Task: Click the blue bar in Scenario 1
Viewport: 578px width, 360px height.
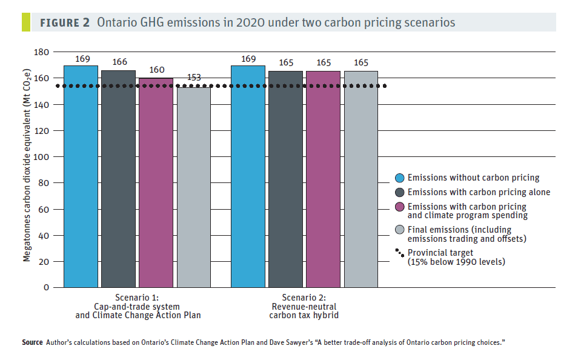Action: (81, 177)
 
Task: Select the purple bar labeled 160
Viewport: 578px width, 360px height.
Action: (156, 182)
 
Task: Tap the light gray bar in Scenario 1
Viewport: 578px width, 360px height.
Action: (194, 187)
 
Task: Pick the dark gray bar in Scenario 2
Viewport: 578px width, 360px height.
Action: (286, 179)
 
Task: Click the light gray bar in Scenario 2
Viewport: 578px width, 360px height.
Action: (361, 179)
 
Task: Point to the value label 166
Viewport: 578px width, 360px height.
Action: (119, 62)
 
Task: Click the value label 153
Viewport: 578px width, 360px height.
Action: (194, 78)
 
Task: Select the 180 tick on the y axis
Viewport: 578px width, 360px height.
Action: (41, 52)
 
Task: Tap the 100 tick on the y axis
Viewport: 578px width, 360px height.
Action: (41, 157)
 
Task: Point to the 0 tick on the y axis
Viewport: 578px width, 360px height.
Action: (46, 287)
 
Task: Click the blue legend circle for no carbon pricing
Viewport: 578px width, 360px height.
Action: (400, 178)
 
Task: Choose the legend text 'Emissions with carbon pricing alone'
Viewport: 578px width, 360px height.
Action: (479, 192)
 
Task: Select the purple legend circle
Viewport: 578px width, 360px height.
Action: (400, 207)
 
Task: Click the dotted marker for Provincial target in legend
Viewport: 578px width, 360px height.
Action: (400, 253)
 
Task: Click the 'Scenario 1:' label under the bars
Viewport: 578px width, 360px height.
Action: (137, 298)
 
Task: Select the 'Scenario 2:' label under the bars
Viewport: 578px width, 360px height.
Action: (304, 298)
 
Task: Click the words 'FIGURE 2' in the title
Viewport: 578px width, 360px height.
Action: (65, 23)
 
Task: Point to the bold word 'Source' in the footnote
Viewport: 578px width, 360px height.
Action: (33, 342)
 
